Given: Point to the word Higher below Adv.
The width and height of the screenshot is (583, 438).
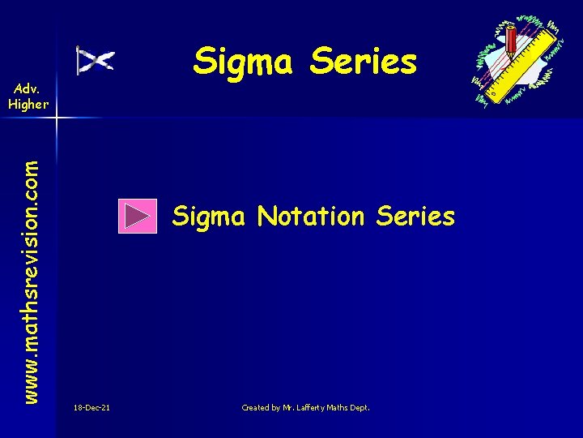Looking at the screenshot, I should tap(28, 103).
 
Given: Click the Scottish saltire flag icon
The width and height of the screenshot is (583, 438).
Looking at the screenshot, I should tap(95, 61).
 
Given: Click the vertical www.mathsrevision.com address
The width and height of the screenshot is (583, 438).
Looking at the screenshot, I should tap(31, 268).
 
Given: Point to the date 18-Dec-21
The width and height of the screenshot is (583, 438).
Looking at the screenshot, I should tap(91, 407).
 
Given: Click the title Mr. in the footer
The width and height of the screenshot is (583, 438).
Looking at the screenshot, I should tap(291, 407).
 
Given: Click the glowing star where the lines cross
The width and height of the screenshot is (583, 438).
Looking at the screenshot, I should tap(57, 118).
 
